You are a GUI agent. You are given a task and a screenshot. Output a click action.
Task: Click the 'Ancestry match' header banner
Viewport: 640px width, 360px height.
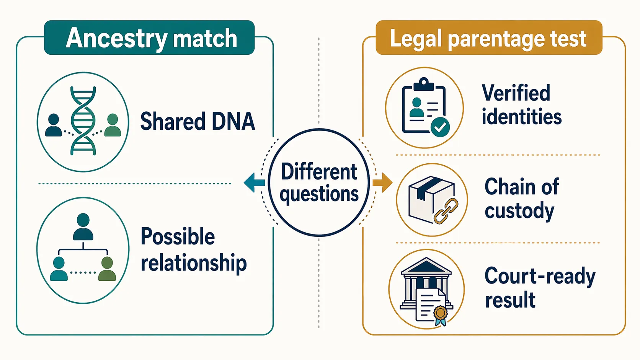149,38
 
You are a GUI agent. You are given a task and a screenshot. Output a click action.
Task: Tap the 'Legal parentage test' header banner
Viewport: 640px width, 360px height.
488,38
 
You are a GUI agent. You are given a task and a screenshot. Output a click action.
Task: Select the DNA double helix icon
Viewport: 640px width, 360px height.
83,121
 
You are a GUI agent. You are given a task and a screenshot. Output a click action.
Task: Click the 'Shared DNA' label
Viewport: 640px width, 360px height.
198,122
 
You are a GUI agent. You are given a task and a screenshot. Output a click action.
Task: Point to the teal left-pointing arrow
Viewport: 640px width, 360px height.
254,182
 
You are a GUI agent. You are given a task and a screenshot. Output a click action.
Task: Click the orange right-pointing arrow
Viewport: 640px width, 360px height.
382,182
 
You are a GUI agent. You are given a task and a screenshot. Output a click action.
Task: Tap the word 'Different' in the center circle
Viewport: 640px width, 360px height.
319,172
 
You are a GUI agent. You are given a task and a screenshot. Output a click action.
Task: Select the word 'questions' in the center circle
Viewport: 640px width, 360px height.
319,194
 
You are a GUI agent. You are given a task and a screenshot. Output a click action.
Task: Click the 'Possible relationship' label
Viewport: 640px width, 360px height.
193,250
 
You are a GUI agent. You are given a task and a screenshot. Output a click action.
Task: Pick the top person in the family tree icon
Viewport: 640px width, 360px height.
83,226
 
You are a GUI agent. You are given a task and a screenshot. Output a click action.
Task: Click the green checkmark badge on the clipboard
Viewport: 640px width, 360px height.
440,127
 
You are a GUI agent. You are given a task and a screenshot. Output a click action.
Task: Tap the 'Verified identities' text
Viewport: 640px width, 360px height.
521,105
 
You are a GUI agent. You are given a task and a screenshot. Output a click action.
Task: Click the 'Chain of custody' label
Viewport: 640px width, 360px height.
521,199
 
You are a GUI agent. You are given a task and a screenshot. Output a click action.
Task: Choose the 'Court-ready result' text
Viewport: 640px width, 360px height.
540,288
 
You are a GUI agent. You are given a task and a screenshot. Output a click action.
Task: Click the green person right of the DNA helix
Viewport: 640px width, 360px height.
113,125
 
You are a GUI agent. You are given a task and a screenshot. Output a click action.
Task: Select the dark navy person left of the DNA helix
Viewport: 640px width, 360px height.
54,125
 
